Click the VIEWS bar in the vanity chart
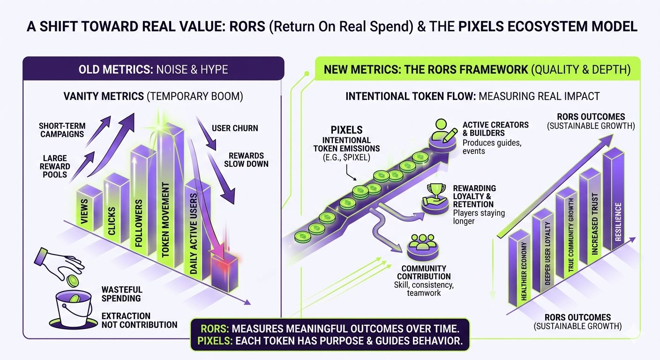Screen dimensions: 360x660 [x=88, y=211]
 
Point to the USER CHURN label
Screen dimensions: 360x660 [x=235, y=128]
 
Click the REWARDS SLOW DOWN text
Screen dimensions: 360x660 [x=246, y=160]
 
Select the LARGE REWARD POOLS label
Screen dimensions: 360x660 [x=55, y=167]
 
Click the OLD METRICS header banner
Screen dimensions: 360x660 [x=153, y=69]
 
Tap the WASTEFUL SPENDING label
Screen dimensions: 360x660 [x=122, y=294]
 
